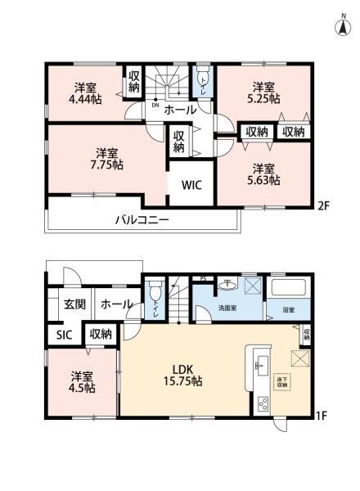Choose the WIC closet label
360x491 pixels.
(191, 185)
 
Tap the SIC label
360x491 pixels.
(63, 334)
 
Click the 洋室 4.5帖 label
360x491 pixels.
(80, 382)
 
